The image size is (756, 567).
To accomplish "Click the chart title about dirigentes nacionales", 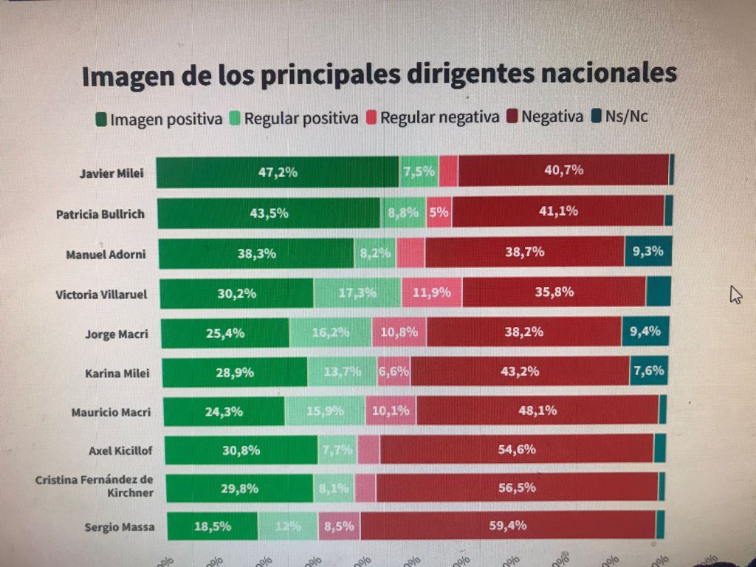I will tap(379, 76).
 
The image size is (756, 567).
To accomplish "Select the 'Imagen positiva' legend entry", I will tap(159, 118).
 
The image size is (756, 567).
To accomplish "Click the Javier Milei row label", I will tap(111, 175).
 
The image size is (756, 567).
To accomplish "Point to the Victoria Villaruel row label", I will tap(102, 295).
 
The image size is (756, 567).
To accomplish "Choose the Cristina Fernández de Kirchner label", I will tap(94, 487).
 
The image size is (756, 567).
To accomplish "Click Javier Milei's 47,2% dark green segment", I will tap(278, 172).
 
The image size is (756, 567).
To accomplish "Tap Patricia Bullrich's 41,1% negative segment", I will tap(558, 211).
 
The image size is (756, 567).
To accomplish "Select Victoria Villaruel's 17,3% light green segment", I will tap(357, 292).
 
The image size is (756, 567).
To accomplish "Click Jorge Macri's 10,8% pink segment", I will tap(399, 332).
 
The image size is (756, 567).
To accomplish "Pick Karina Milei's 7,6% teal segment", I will tap(649, 371).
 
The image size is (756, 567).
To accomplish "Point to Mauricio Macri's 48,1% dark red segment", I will tap(537, 410).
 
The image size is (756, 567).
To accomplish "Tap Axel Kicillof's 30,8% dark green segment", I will tap(238, 450).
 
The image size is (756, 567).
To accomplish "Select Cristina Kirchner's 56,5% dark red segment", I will tap(516, 488).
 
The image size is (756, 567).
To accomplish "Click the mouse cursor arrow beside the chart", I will tap(735, 295).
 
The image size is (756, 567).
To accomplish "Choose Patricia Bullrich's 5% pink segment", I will tap(439, 212).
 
